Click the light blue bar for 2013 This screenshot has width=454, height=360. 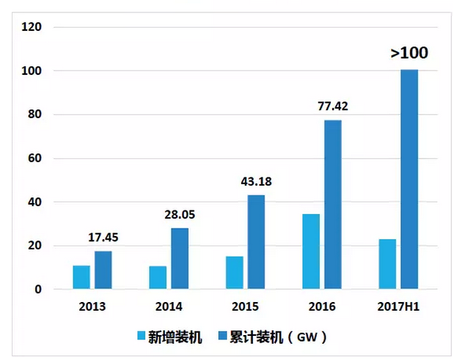pyautogui.click(x=81, y=277)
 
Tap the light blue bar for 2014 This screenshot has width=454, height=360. pyautogui.click(x=157, y=277)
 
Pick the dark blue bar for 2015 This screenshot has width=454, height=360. pyautogui.click(x=255, y=242)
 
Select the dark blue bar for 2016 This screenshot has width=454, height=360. pyautogui.click(x=332, y=205)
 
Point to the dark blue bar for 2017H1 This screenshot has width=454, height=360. pyautogui.click(x=409, y=180)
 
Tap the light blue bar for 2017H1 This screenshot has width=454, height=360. pyautogui.click(x=387, y=264)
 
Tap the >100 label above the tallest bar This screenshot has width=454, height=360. pyautogui.click(x=409, y=53)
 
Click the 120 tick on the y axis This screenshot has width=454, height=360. pyautogui.click(x=32, y=27)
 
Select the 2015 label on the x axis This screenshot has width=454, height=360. pyautogui.click(x=245, y=306)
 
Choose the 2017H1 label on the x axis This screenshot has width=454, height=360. pyautogui.click(x=398, y=306)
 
